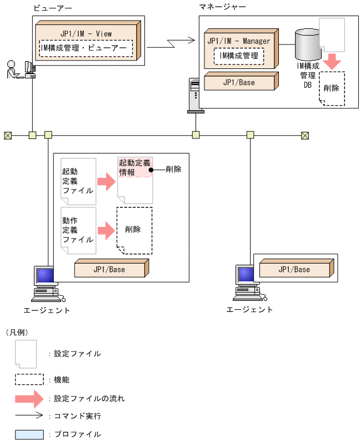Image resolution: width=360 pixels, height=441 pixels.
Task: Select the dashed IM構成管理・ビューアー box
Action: coord(87,49)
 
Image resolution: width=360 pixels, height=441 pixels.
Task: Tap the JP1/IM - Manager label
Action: coord(238,41)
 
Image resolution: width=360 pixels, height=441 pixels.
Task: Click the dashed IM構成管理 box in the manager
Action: coord(239,56)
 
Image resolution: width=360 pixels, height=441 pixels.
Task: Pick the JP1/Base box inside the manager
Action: coord(239,82)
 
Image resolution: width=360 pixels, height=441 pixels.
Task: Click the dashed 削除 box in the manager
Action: coord(332,88)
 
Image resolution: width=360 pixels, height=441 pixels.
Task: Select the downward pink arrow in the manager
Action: coord(332,61)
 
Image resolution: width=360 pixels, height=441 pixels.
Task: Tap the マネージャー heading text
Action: coord(223,7)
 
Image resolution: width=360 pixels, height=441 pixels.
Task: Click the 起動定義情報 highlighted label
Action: coord(134,167)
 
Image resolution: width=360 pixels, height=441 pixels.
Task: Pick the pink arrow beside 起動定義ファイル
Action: coord(105,181)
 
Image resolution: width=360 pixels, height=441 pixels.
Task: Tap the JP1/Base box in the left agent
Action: coord(111,269)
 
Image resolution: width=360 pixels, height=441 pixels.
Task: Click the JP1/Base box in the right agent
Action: coord(295,269)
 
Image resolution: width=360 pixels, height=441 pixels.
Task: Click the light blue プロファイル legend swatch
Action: coord(29,434)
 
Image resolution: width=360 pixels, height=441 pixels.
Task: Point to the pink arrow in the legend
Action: coord(29,398)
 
